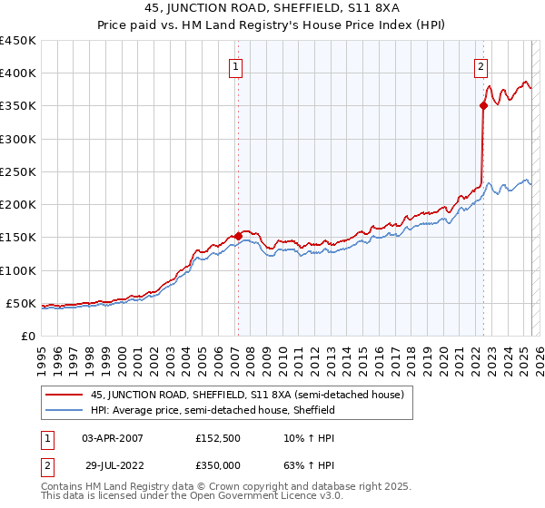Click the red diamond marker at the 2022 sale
pyautogui.click(x=483, y=106)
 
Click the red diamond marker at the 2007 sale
pyautogui.click(x=238, y=236)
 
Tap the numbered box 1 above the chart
pyautogui.click(x=235, y=66)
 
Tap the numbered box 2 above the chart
pyautogui.click(x=480, y=66)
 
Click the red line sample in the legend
pyautogui.click(x=64, y=394)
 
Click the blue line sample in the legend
pyautogui.click(x=64, y=410)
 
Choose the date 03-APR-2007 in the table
pyautogui.click(x=113, y=438)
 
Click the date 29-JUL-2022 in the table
pyautogui.click(x=112, y=464)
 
